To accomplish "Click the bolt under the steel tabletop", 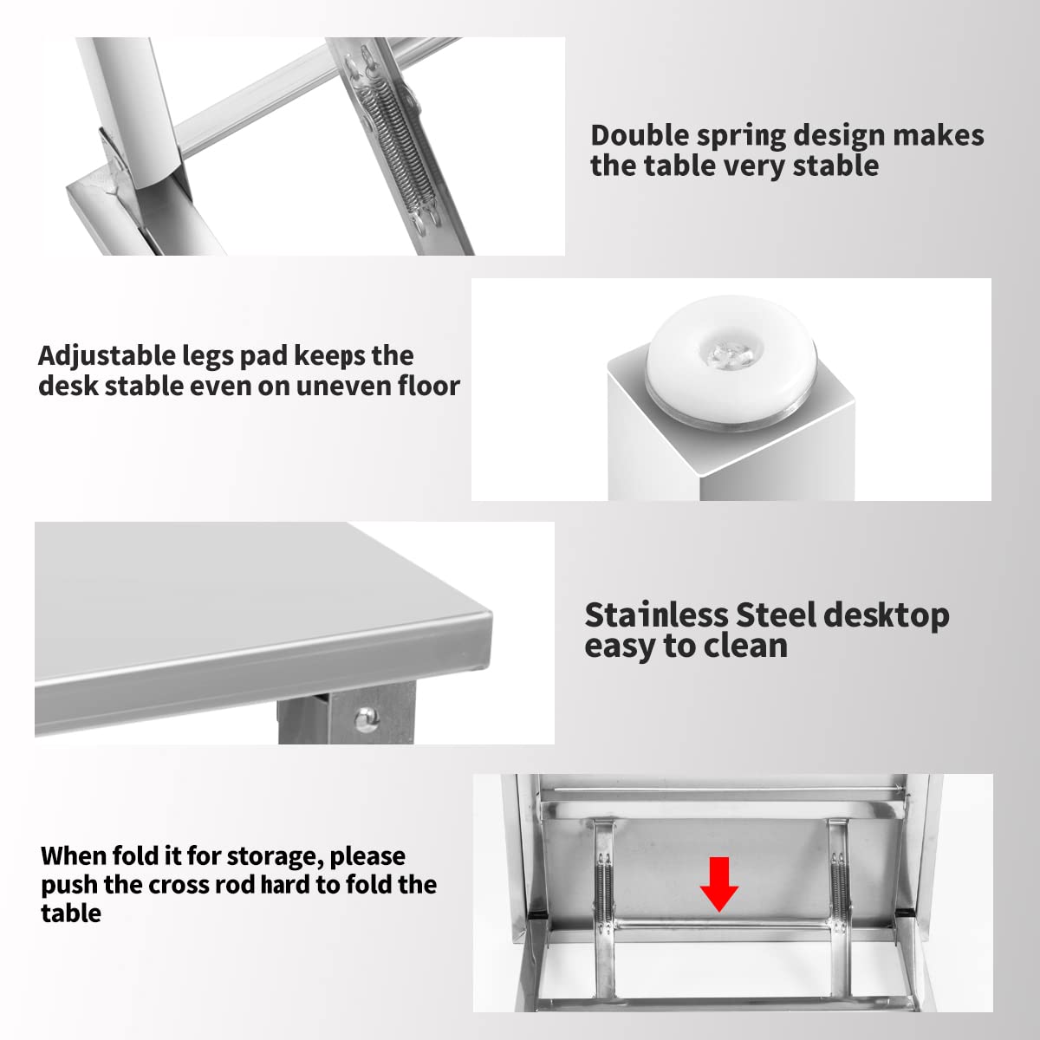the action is [x=367, y=718].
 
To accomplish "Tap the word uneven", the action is [x=344, y=387].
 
